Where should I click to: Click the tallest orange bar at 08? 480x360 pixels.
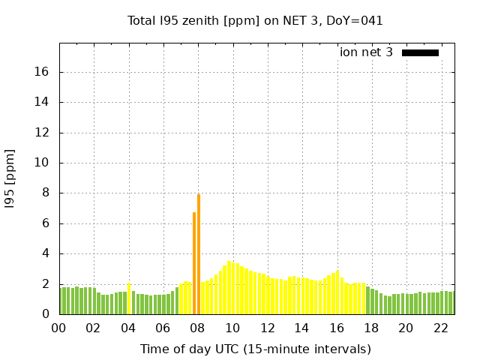pyautogui.click(x=199, y=255)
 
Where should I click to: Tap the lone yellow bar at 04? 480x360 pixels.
pyautogui.click(x=129, y=299)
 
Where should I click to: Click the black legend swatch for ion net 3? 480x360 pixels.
pyautogui.click(x=420, y=52)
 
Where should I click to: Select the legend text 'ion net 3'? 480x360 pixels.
pyautogui.click(x=366, y=52)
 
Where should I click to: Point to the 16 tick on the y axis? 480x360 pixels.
pyautogui.click(x=42, y=73)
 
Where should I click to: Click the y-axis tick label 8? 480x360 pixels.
pyautogui.click(x=46, y=193)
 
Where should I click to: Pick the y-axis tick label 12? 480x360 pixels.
pyautogui.click(x=42, y=133)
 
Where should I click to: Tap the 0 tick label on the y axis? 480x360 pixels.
pyautogui.click(x=46, y=314)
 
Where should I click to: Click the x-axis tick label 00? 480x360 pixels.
pyautogui.click(x=58, y=328)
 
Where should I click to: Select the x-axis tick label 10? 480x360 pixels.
pyautogui.click(x=232, y=328)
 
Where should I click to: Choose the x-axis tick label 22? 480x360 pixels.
pyautogui.click(x=441, y=328)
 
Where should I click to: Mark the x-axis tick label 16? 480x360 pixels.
pyautogui.click(x=337, y=328)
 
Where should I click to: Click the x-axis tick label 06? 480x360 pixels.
pyautogui.click(x=163, y=328)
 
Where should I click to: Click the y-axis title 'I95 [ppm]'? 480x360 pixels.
pyautogui.click(x=10, y=181)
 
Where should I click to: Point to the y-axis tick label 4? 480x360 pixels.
pyautogui.click(x=46, y=253)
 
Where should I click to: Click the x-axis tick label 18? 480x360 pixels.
pyautogui.click(x=371, y=328)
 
